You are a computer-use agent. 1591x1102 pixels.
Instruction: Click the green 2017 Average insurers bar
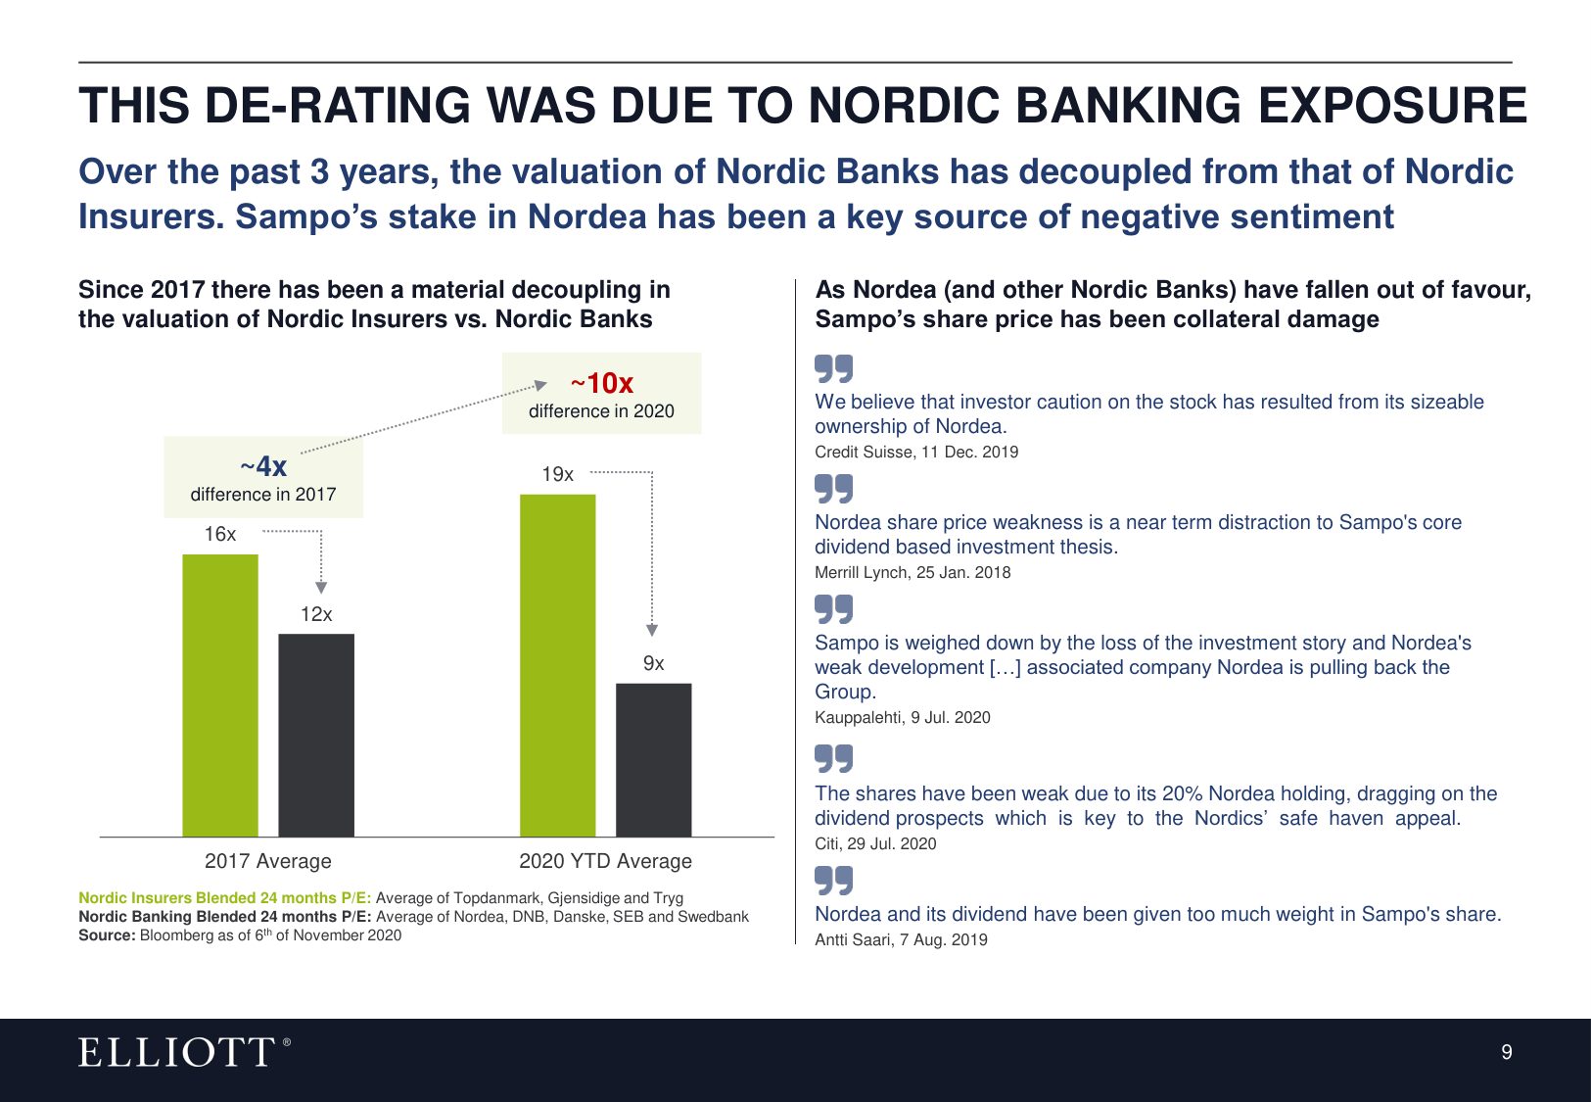220,695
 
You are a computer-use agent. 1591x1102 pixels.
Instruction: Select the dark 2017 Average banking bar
316,735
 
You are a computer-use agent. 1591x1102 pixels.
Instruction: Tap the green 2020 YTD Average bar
557,666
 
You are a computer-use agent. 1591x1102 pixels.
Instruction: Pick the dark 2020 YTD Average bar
653,759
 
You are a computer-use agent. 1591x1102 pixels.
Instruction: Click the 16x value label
220,534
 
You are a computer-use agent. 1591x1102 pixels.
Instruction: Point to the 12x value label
316,614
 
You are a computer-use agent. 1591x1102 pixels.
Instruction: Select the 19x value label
557,474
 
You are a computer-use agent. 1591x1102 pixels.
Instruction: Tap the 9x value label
653,663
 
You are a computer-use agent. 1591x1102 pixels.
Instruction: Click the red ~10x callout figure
602,383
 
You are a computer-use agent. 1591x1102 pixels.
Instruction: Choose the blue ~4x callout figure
263,466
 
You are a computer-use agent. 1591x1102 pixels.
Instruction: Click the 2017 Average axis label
268,861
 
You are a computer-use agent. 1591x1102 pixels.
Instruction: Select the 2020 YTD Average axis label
605,861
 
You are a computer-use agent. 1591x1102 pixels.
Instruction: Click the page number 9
1506,1052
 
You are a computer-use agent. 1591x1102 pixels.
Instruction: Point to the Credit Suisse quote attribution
915,452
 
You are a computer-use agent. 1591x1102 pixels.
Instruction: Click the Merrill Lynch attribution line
912,572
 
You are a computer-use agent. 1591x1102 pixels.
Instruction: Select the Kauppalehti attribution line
902,717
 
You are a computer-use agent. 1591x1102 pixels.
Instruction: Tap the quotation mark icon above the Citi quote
833,758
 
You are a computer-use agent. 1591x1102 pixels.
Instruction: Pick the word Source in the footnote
107,935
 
